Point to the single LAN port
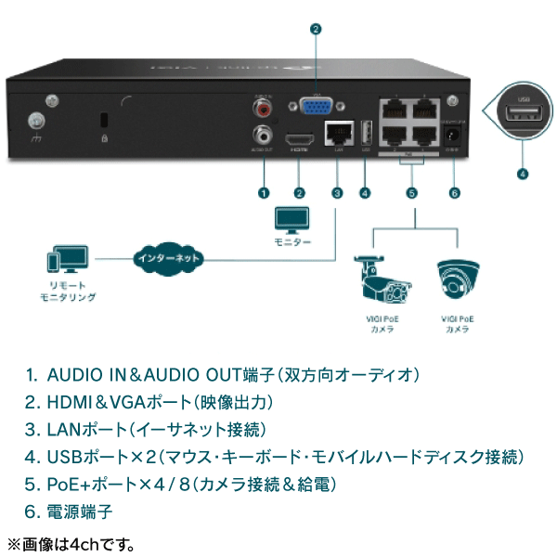coord(336,132)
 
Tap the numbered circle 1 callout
coord(264,193)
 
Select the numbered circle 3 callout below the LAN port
coord(337,193)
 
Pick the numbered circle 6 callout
coord(454,193)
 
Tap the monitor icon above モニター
coord(291,221)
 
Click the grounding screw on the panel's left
coord(36,121)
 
